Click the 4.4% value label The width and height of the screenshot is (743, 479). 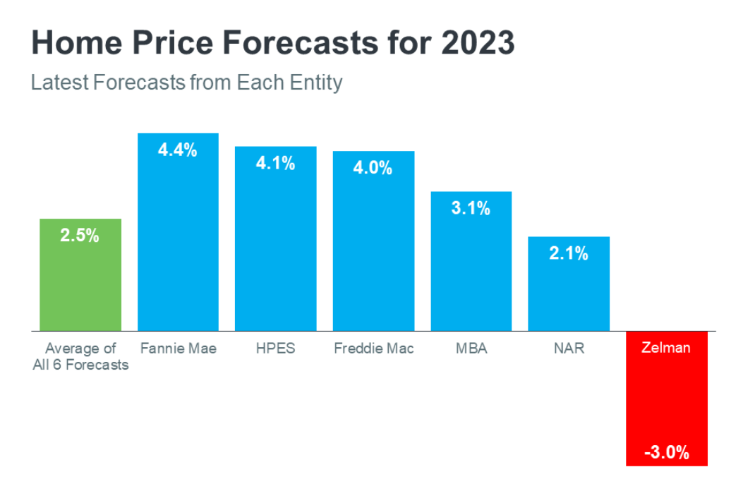click(x=178, y=150)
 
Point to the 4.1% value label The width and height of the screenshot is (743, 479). click(x=275, y=164)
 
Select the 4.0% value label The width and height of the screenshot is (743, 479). click(x=373, y=169)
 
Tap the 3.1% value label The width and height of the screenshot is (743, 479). click(x=471, y=208)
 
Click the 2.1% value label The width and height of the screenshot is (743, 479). click(x=569, y=253)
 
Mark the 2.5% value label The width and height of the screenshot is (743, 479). click(x=80, y=236)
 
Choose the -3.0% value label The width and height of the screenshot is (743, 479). click(x=667, y=452)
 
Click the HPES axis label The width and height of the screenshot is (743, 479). click(x=275, y=348)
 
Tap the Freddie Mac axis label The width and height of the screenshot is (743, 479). click(x=373, y=348)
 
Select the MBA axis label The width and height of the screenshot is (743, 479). click(x=471, y=348)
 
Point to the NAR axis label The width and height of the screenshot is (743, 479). click(x=569, y=348)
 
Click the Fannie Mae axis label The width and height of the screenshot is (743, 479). click(x=178, y=348)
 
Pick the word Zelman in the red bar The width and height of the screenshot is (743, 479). click(x=667, y=348)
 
